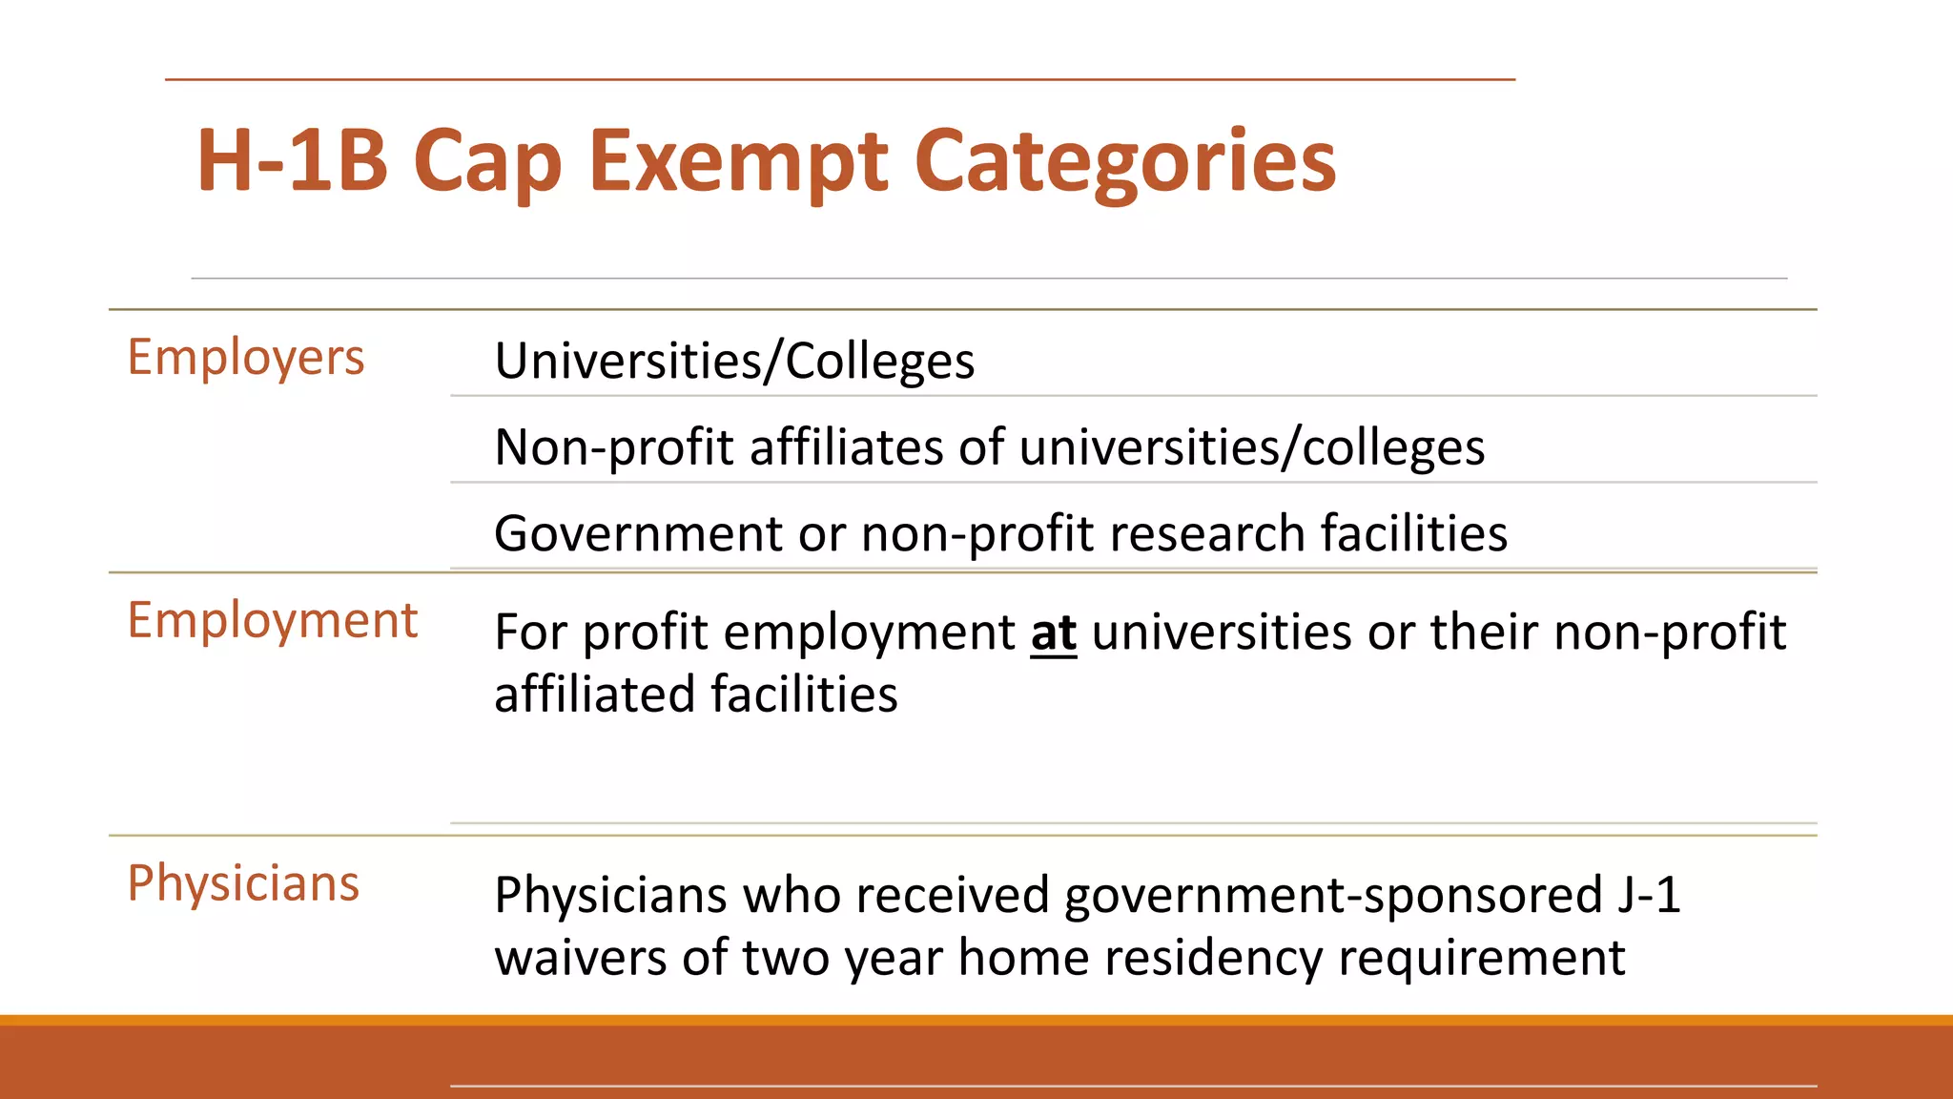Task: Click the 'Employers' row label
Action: click(x=246, y=359)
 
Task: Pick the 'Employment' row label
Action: click(x=273, y=621)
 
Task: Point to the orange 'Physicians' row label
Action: click(x=243, y=883)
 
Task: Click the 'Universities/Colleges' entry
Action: click(x=734, y=362)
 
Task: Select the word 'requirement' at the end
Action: click(x=1482, y=958)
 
